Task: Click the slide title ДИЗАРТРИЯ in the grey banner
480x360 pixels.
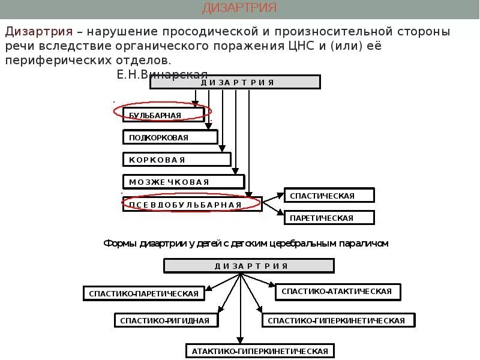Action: (239, 8)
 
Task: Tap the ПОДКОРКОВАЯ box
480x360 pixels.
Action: (170, 137)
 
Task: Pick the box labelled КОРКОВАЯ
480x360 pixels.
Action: (177, 160)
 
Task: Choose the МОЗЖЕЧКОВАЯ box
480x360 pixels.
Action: (184, 182)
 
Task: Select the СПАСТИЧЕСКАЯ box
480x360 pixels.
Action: (329, 196)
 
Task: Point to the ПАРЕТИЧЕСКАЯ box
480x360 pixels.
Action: (329, 218)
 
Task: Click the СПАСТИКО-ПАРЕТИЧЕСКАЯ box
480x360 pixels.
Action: (143, 293)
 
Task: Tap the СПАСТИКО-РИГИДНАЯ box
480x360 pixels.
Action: (164, 320)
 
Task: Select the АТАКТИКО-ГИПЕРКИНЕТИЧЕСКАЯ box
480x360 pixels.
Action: (260, 351)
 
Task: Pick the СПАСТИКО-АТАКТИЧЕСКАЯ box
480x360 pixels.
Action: (338, 292)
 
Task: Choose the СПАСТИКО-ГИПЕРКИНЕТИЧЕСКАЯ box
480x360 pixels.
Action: (338, 320)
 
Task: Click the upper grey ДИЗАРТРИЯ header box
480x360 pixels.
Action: (234, 82)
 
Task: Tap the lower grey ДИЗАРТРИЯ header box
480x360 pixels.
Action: (248, 266)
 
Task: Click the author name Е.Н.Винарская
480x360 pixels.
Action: (162, 74)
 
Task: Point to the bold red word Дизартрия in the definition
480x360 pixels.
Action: (40, 31)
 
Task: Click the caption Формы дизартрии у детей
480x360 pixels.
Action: (247, 243)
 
